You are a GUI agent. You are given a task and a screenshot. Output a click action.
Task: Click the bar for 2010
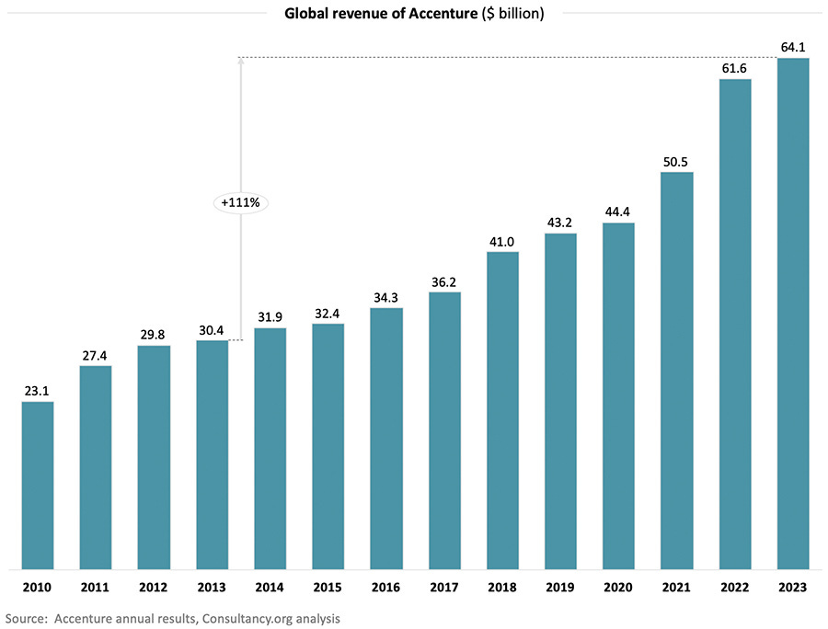pyautogui.click(x=38, y=485)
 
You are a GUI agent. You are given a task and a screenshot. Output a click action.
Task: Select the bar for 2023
pyautogui.click(x=793, y=313)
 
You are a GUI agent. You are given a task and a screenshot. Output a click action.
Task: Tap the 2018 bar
pyautogui.click(x=502, y=410)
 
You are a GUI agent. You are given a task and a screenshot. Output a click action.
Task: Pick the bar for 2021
pyautogui.click(x=676, y=370)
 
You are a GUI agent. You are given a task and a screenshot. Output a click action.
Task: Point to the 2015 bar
pyautogui.click(x=328, y=446)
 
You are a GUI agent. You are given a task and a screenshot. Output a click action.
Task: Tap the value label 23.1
pyautogui.click(x=38, y=390)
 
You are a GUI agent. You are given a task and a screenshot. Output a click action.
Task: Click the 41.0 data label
pyautogui.click(x=502, y=240)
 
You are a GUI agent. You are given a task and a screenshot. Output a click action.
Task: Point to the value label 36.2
pyautogui.click(x=444, y=280)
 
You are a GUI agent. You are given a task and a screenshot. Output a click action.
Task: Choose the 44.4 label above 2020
pyautogui.click(x=618, y=212)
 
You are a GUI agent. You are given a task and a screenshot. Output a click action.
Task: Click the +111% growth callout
pyautogui.click(x=240, y=202)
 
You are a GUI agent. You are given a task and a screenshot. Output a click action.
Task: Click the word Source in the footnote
pyautogui.click(x=27, y=618)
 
